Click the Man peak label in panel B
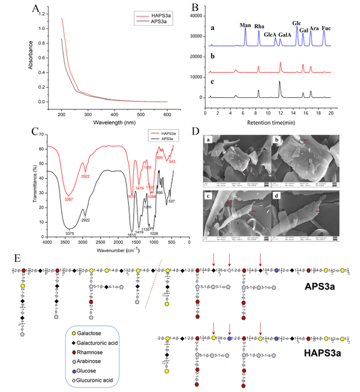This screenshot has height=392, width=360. click(245, 25)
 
